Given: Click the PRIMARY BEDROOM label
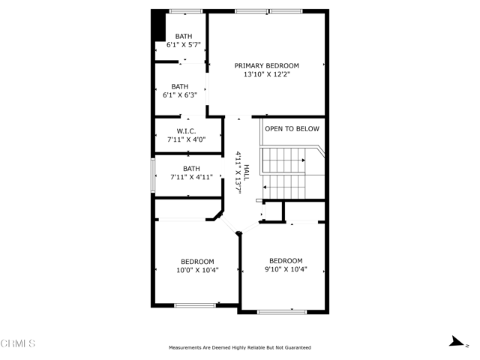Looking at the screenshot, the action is (267, 66).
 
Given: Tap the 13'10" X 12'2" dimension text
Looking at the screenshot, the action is (267, 74).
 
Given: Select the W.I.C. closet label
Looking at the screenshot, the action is (186, 131).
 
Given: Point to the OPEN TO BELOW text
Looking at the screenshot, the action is (292, 129).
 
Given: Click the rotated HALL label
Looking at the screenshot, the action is (247, 172).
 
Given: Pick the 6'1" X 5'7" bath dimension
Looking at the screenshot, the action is (183, 45).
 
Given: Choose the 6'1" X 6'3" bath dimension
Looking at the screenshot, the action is (180, 95).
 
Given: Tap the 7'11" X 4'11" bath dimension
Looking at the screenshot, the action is (191, 177).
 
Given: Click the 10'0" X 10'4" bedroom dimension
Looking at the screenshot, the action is (197, 270).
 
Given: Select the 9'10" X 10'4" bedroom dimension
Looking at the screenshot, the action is (286, 269).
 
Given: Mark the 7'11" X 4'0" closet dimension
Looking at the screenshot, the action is (186, 140).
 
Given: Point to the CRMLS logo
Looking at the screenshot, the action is (18, 343).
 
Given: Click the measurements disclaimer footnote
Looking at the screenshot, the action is (240, 348).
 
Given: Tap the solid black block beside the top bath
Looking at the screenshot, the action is (158, 25).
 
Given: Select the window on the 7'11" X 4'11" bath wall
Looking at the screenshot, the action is (153, 175).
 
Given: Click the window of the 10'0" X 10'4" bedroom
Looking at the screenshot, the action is (195, 305).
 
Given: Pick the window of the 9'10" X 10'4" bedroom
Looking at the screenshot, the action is (282, 312).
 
